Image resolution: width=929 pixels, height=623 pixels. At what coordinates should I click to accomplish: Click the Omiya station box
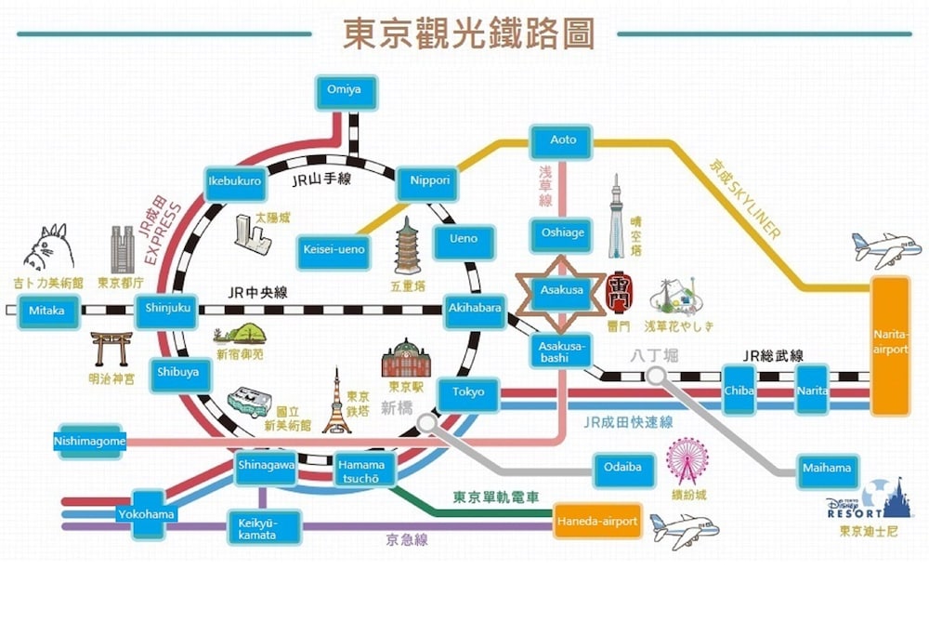[337, 91]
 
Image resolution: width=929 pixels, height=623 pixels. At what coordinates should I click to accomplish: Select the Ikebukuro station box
[234, 181]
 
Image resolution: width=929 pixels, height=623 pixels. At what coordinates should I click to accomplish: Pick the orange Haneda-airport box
[597, 522]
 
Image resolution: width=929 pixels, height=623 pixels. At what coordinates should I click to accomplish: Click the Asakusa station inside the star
[561, 291]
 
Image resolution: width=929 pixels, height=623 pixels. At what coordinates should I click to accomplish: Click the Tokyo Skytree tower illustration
[614, 219]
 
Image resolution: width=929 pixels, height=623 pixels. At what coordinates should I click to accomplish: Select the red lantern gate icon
[619, 294]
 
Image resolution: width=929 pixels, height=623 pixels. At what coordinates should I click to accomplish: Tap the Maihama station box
[826, 469]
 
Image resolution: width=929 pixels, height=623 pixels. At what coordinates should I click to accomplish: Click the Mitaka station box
[46, 311]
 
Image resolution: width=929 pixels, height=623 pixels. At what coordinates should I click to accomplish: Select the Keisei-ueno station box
[334, 249]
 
